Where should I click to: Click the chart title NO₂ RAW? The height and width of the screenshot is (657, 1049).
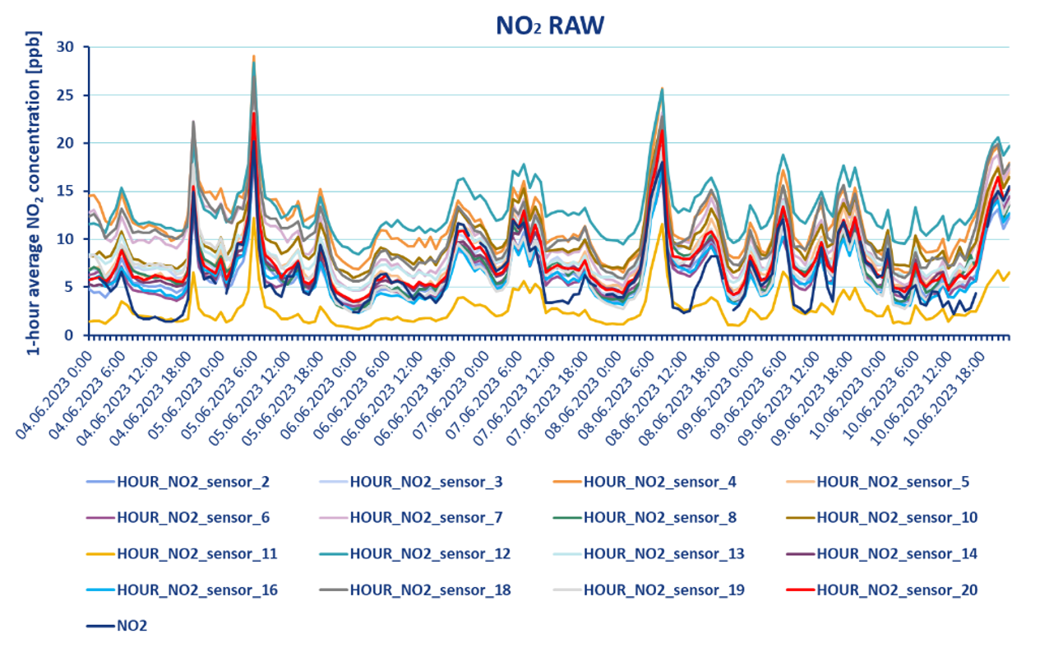pos(549,25)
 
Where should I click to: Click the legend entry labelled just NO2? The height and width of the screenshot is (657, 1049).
pos(132,626)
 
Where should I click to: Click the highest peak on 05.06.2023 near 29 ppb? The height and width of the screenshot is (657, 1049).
pos(254,56)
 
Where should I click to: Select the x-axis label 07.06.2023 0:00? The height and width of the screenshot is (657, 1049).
pos(449,386)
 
